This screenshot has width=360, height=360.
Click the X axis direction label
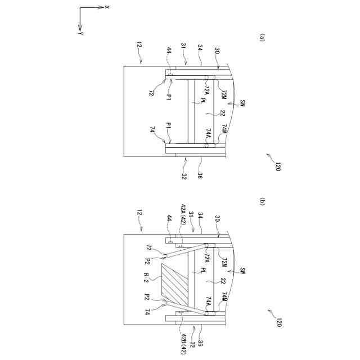click(107, 7)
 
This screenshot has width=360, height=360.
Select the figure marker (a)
click(262, 37)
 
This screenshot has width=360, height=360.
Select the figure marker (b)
click(262, 201)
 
